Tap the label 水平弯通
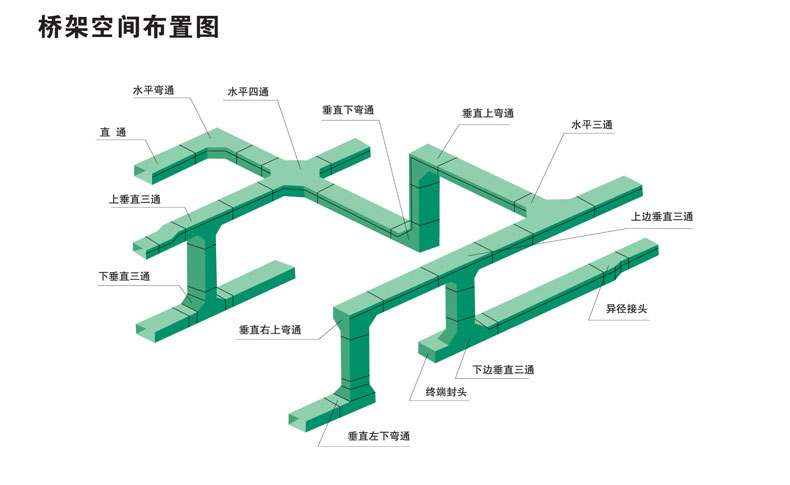coord(153,90)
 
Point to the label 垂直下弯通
coord(348,110)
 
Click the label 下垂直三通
coord(124,276)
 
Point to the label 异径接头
coord(626,309)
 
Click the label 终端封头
coord(446,391)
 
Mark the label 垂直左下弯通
coord(379,436)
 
